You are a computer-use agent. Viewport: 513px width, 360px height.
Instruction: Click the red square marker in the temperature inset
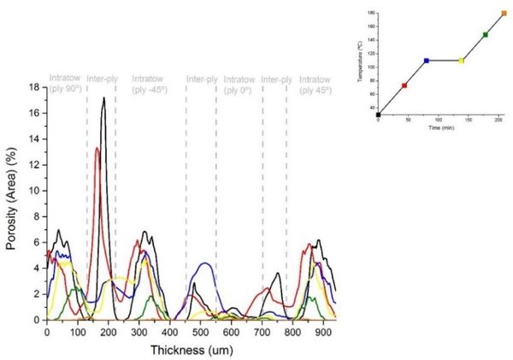pos(404,86)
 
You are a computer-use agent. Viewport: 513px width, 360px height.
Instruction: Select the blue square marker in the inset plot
pos(427,61)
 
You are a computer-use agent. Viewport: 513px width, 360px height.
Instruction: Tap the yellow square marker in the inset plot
pos(462,61)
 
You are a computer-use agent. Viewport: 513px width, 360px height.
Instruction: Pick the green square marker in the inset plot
pos(486,35)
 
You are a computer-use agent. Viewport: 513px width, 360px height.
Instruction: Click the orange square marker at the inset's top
pos(504,14)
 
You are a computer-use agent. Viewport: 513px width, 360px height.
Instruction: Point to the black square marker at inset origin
pos(378,115)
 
